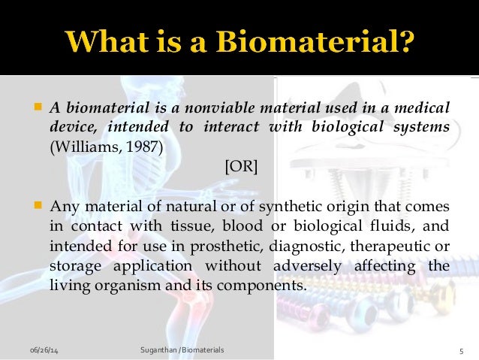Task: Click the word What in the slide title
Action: [109, 41]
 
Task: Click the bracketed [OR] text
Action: [241, 167]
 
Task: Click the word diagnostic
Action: [318, 246]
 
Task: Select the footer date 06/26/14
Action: [43, 350]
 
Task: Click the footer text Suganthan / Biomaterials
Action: [182, 350]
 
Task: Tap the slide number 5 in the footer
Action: [460, 350]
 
